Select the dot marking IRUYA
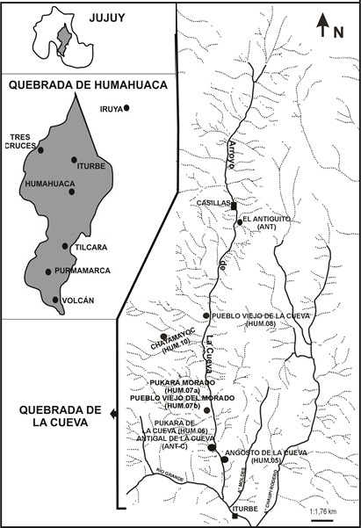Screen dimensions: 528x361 pyautogui.click(x=127, y=108)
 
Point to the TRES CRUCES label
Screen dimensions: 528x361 pyautogui.click(x=21, y=141)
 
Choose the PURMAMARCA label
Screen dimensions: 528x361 pyautogui.click(x=83, y=271)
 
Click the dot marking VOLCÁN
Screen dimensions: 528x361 pyautogui.click(x=57, y=300)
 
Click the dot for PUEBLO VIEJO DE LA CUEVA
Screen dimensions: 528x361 pyautogui.click(x=206, y=315)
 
